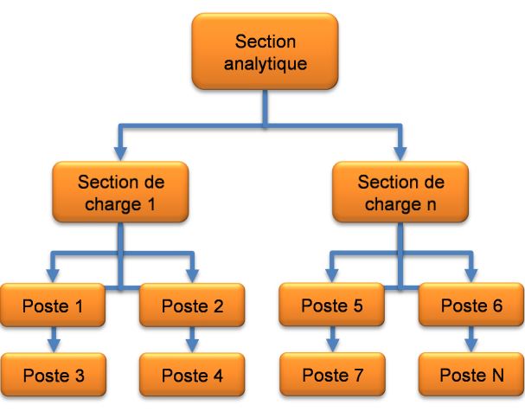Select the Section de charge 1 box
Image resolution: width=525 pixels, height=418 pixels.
[120, 195]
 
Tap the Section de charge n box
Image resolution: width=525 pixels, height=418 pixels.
[400, 195]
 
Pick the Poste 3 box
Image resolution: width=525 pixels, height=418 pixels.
[53, 376]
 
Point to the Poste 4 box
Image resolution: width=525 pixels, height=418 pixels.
[192, 376]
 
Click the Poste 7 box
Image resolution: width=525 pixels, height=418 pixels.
[333, 376]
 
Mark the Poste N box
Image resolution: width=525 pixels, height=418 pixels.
[471, 376]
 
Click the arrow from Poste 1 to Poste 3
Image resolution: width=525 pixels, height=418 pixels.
[53, 339]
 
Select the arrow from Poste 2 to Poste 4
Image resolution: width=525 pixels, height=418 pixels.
[192, 339]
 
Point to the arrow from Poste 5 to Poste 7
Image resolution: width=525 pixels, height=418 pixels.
[333, 339]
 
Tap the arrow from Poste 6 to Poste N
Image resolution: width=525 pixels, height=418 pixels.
[471, 339]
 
